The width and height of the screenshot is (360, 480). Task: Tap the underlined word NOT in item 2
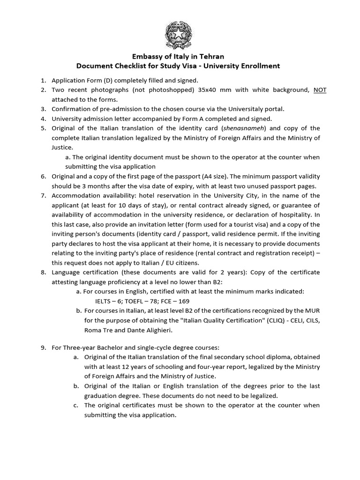tap(320, 90)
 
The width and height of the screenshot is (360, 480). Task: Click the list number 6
tap(43, 176)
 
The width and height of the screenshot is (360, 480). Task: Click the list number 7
tap(43, 195)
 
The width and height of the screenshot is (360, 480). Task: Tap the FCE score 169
tap(183, 301)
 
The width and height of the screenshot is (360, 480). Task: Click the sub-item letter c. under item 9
tap(76, 405)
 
